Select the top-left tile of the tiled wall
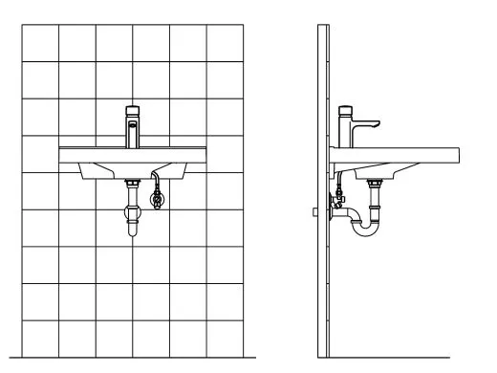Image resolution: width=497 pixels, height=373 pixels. (x=41, y=43)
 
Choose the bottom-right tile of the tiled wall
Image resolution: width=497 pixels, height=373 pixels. (x=224, y=339)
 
